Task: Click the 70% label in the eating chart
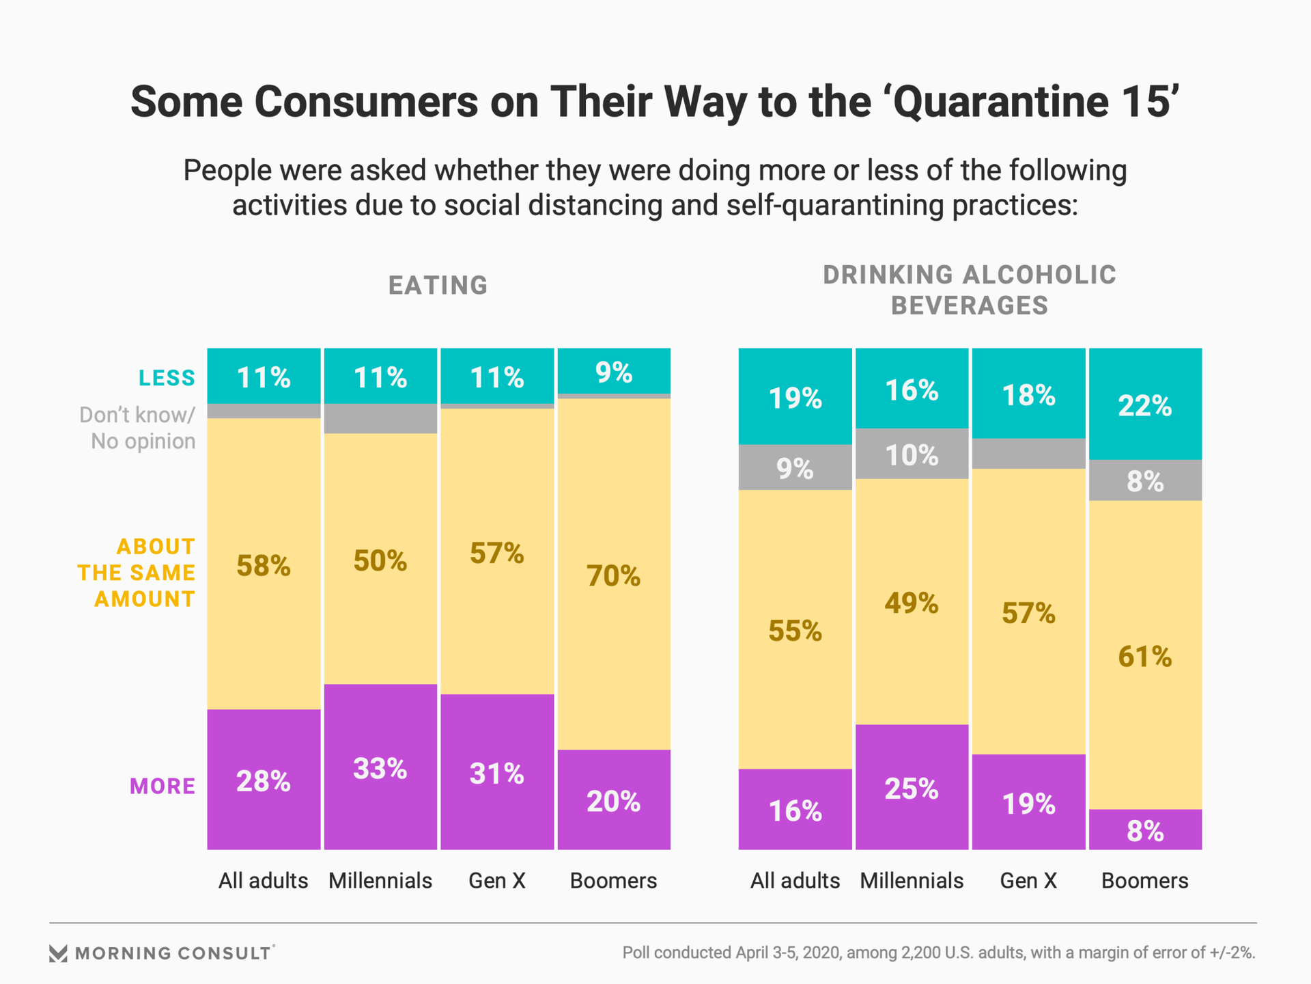[613, 577]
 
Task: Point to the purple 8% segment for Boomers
[1145, 831]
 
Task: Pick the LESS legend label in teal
[167, 378]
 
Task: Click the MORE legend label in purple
[163, 787]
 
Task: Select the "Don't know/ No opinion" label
[138, 428]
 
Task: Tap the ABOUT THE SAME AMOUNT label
[137, 573]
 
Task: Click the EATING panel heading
[438, 286]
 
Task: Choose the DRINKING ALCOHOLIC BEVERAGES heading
[970, 290]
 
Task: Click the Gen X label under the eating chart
[497, 881]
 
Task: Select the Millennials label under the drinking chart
[912, 881]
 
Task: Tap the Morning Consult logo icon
[59, 953]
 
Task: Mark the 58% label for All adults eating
[264, 566]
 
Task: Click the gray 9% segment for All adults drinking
[795, 469]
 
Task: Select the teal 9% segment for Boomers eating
[613, 372]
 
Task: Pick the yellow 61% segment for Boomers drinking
[1145, 657]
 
